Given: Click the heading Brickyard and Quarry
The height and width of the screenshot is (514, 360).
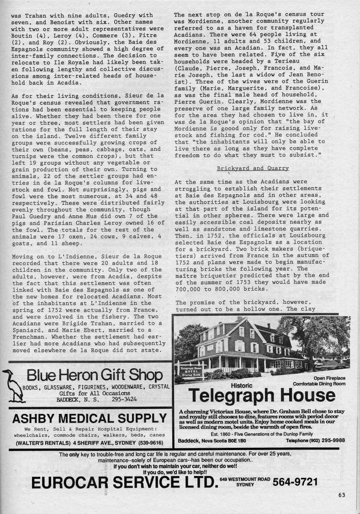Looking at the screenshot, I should [253, 168].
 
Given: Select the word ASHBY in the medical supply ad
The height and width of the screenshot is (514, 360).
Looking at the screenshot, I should [37, 418].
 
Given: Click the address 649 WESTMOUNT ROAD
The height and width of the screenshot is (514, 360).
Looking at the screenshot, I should [242, 479].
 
